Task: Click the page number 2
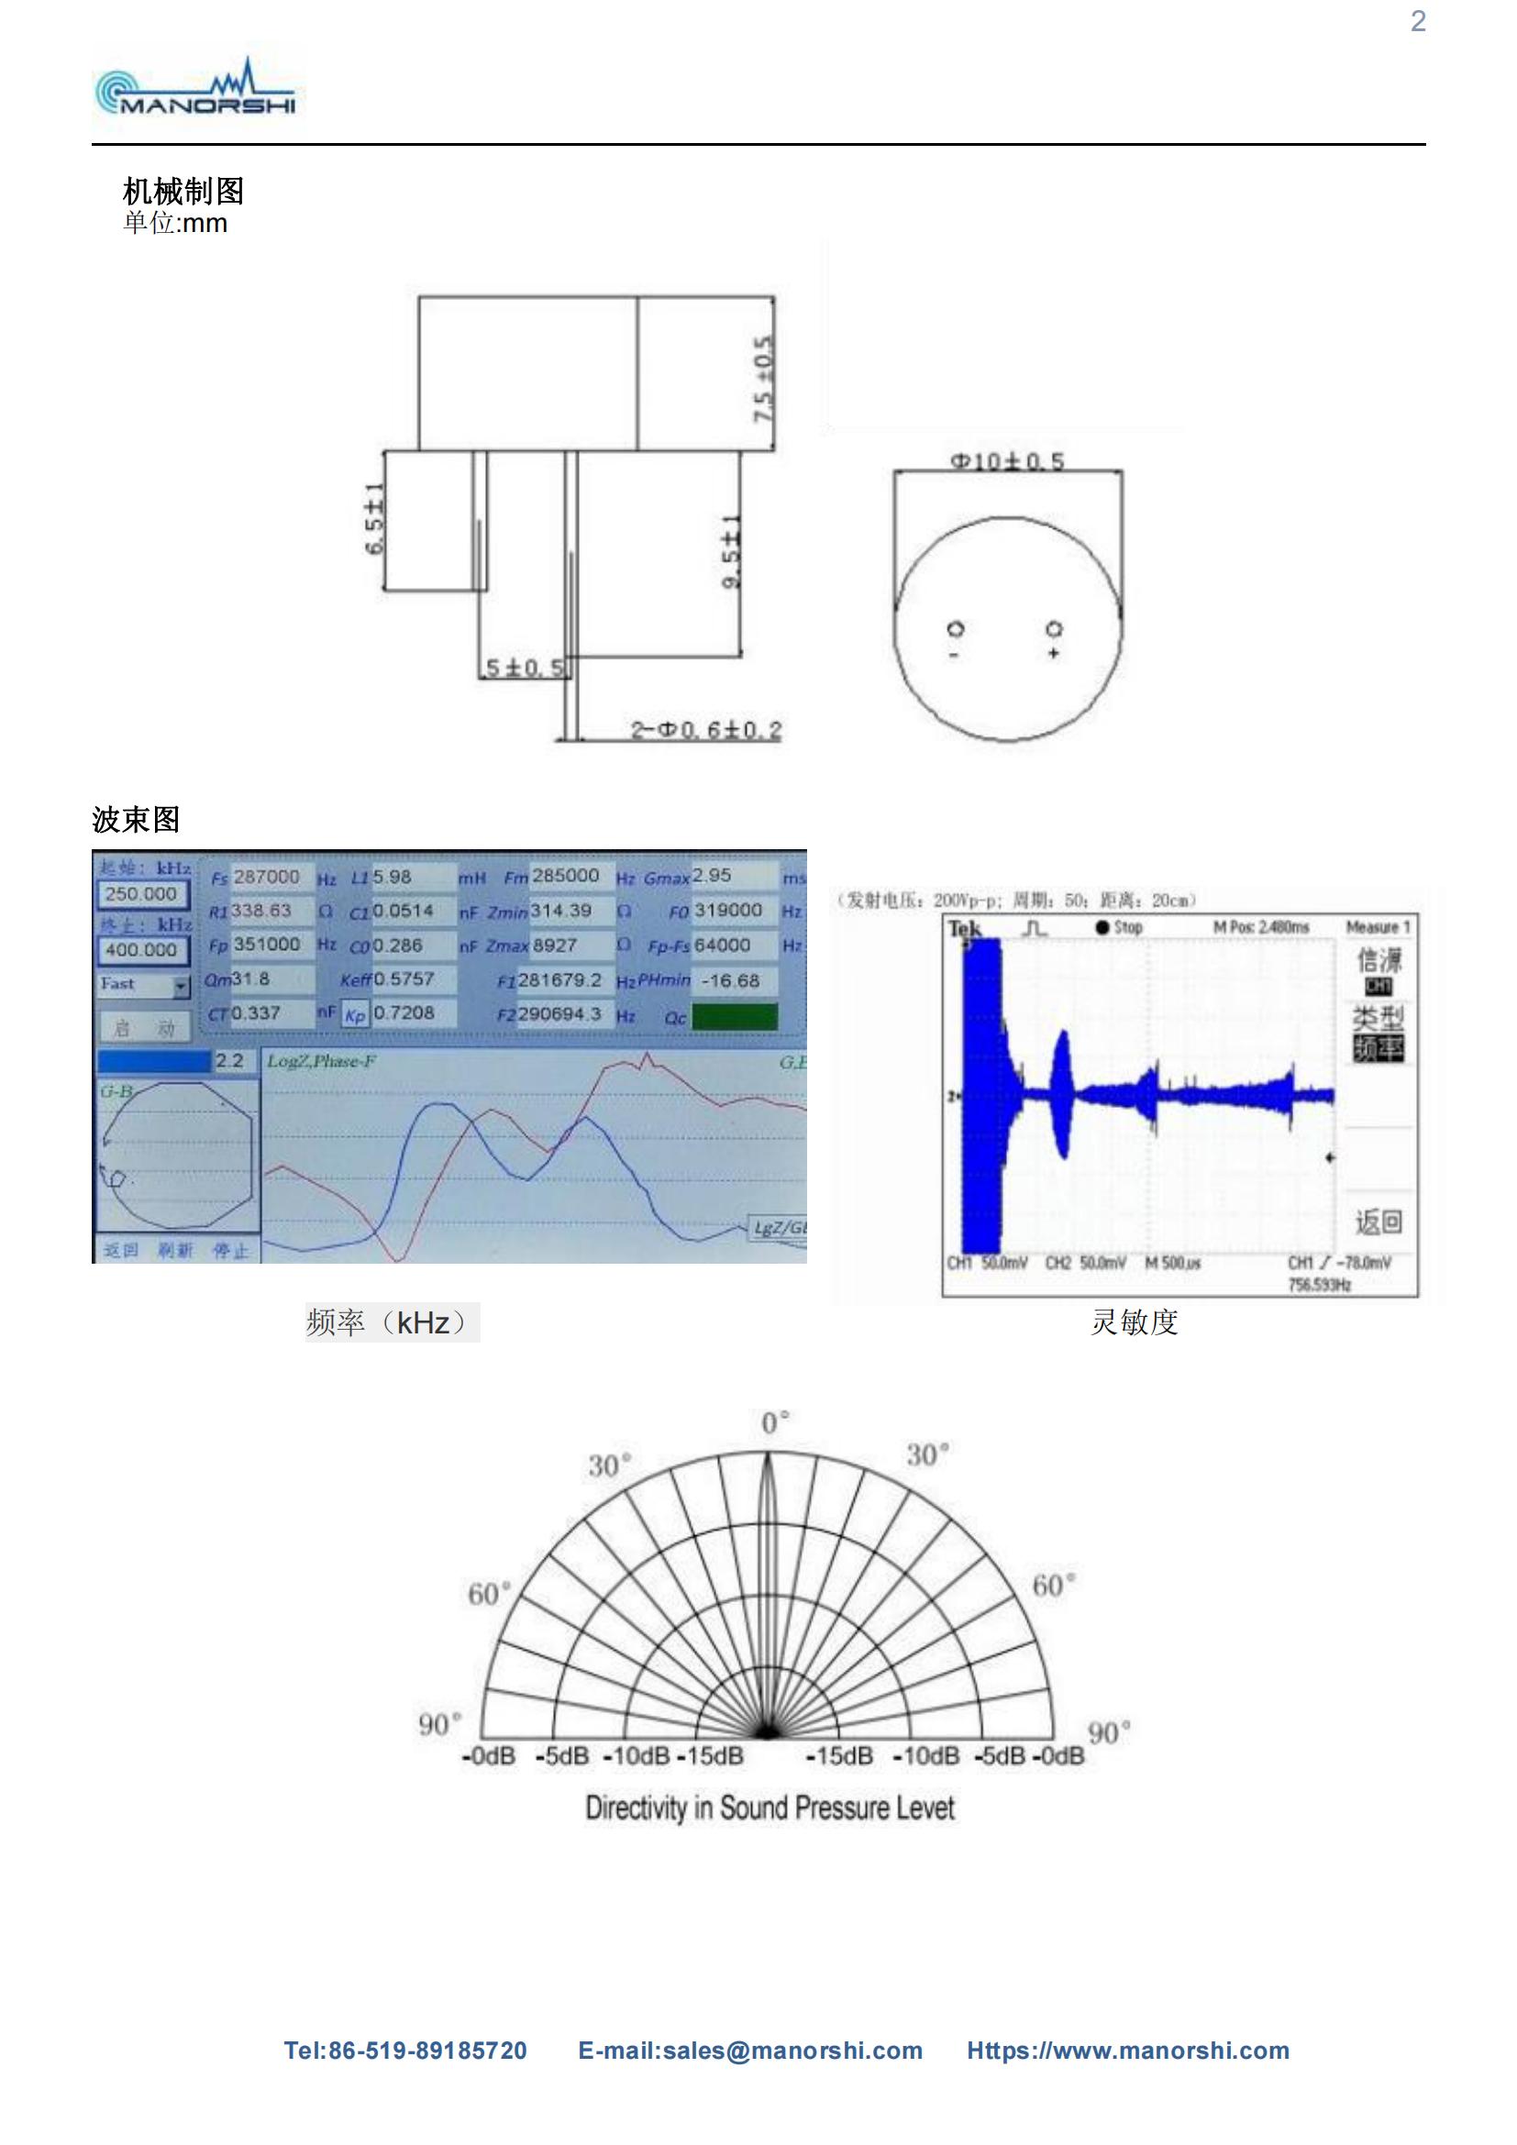1417,21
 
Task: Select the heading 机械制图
183,191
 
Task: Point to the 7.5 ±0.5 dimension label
764,379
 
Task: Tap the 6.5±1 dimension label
373,519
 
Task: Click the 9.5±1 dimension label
731,551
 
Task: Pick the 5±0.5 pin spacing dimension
525,668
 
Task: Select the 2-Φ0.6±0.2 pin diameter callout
705,730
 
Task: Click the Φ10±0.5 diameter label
1007,461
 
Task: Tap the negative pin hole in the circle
956,629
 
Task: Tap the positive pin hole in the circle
1054,628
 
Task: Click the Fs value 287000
266,877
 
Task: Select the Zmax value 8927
554,945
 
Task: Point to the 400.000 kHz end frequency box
141,949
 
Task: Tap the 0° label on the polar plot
774,1424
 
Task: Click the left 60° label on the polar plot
490,1594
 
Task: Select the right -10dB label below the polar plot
925,1756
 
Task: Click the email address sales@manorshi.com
750,2051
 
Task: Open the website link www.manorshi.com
1127,2051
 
